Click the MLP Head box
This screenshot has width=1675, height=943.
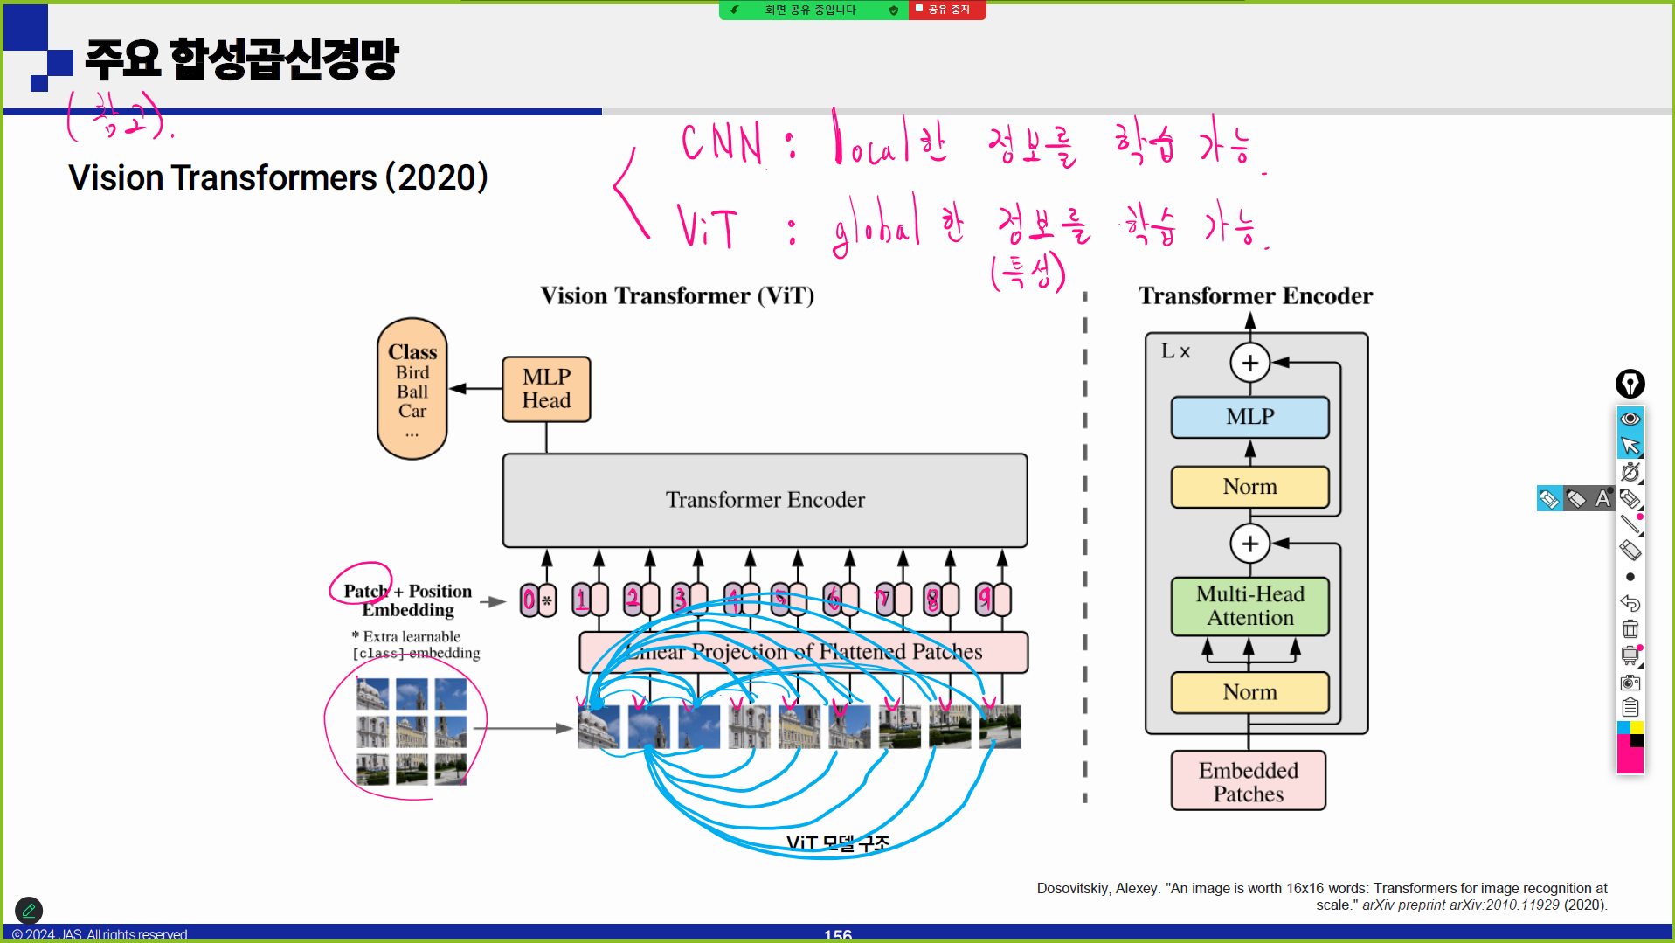546,389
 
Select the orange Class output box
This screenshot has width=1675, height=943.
412,389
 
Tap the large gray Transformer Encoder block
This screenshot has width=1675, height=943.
765,500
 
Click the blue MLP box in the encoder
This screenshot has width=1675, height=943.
1249,417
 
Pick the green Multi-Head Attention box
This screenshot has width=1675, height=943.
1249,606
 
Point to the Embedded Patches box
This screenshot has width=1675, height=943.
1248,781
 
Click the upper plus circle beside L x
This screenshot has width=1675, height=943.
1249,362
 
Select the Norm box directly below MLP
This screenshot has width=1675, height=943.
1249,487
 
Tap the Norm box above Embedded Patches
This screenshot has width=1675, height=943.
1249,692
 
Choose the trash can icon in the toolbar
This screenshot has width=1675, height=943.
1630,629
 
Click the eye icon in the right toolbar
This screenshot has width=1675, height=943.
1630,419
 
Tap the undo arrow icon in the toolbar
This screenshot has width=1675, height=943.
1630,603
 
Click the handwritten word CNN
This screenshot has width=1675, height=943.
722,143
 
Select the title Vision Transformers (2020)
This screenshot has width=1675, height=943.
278,177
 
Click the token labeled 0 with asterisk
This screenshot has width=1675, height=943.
537,600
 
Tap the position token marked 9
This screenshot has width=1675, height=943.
993,600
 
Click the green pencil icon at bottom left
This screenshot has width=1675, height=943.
29,911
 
